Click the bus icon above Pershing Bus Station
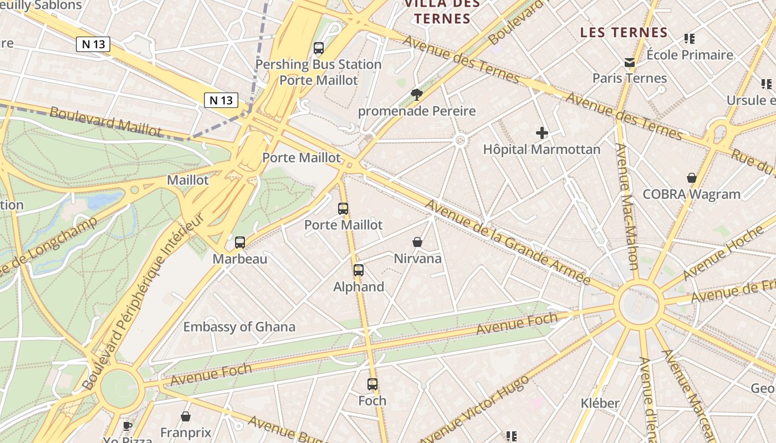(319, 48)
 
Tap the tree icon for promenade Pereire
(417, 95)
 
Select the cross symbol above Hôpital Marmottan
(542, 133)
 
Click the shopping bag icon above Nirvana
(417, 242)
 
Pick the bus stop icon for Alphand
(359, 270)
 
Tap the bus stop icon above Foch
(372, 384)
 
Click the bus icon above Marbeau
(240, 242)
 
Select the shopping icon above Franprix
(186, 416)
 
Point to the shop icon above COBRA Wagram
(692, 178)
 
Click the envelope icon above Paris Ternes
(630, 63)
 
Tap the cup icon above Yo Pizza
(127, 426)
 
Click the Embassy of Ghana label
(239, 327)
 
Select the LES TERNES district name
(624, 33)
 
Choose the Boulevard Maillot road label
(106, 121)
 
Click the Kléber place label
(600, 403)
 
